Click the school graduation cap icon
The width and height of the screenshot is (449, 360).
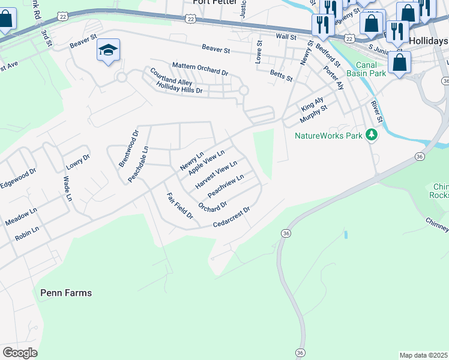(108, 50)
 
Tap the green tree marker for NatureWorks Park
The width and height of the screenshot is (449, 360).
(372, 135)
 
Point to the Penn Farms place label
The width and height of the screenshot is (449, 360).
(66, 293)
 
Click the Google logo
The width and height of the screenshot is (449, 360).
(20, 352)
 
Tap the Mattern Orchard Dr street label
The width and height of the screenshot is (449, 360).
(200, 68)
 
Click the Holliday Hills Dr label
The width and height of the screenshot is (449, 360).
(179, 89)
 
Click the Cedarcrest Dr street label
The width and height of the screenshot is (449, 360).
(231, 218)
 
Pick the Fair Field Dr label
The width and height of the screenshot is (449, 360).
(179, 206)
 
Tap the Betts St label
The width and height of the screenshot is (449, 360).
(281, 75)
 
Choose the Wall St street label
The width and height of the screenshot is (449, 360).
(286, 37)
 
